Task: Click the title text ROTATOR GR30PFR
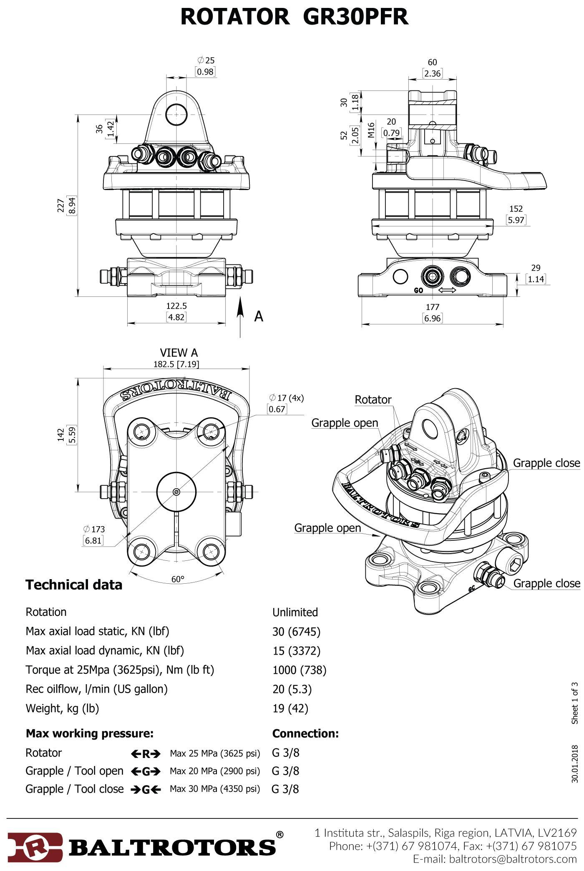click(294, 17)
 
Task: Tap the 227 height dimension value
click(61, 205)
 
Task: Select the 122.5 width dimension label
click(176, 306)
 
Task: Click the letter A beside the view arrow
click(259, 316)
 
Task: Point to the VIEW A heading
click(179, 353)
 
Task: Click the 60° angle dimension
click(178, 579)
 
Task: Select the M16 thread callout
click(371, 130)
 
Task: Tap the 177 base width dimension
click(433, 307)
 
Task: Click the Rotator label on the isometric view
click(373, 399)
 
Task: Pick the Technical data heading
click(74, 585)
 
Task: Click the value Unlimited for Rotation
click(295, 612)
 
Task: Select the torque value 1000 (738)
click(299, 670)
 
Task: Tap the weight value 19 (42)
click(290, 708)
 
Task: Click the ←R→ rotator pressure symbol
click(146, 753)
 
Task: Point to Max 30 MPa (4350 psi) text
click(214, 789)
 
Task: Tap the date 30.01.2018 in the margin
click(575, 764)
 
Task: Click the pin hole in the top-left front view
click(176, 114)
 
